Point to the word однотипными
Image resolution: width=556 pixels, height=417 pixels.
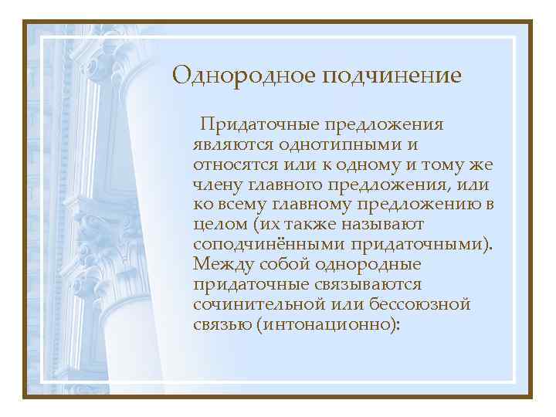tap(341, 144)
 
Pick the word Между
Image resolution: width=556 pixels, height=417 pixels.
tap(221, 265)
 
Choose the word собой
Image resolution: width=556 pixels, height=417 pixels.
tap(283, 265)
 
